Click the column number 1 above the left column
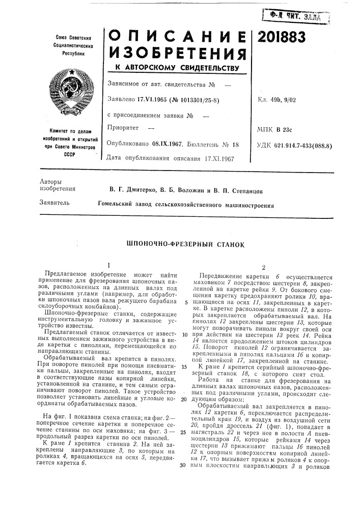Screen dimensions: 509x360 pyautogui.click(x=109, y=265)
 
